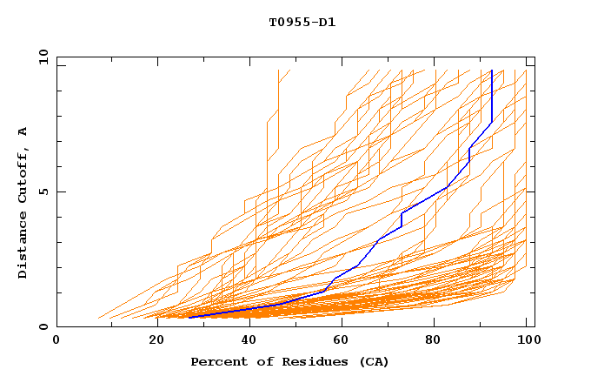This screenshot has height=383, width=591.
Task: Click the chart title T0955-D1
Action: click(x=302, y=23)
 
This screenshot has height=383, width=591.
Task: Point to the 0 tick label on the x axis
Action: click(x=56, y=340)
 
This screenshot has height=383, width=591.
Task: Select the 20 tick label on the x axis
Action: click(x=156, y=340)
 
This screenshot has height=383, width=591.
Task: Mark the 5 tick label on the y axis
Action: click(x=43, y=191)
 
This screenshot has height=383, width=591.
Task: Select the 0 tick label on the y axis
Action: click(x=43, y=326)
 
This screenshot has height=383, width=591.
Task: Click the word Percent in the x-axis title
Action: click(x=215, y=361)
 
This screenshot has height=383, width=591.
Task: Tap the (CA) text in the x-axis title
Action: click(x=375, y=361)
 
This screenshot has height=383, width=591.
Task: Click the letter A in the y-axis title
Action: click(x=23, y=131)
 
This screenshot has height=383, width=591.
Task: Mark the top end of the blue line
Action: click(x=492, y=71)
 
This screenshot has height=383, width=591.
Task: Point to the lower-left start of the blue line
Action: click(x=189, y=318)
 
